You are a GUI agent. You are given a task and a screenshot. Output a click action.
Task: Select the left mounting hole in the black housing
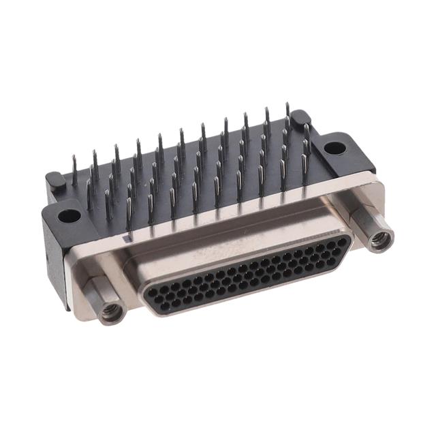click(x=68, y=217)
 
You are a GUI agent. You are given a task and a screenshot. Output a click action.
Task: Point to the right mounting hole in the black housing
click(x=332, y=146)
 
